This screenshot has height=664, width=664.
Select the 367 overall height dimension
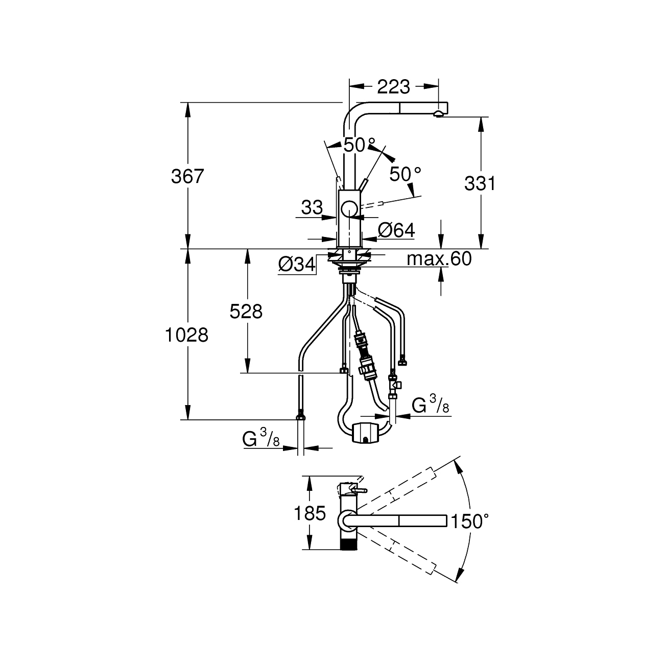click(187, 176)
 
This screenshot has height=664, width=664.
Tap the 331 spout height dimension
click(480, 183)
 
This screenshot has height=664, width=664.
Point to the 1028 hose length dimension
click(187, 335)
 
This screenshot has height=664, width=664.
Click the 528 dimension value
click(246, 312)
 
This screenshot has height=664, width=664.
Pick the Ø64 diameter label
click(396, 230)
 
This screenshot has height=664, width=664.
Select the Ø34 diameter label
click(297, 265)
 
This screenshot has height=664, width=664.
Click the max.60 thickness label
click(439, 258)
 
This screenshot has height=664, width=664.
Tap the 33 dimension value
click(312, 207)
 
